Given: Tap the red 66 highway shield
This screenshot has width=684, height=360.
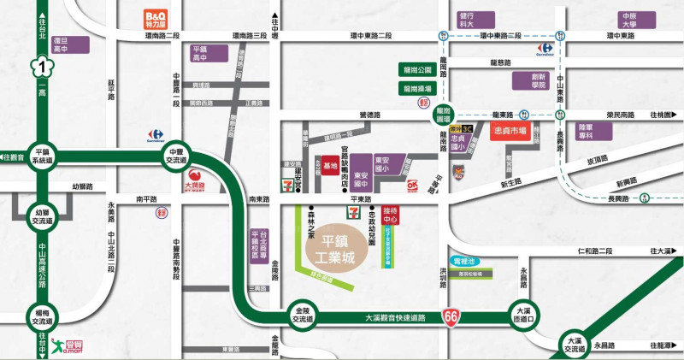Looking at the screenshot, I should click(450, 318).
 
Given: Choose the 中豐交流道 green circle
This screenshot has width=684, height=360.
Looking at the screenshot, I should click(175, 154).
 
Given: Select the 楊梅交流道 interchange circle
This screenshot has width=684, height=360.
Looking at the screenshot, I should click(41, 316).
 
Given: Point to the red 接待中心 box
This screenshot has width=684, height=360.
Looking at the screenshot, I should click(391, 213).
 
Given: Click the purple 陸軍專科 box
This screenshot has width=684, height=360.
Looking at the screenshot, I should click(586, 131).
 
